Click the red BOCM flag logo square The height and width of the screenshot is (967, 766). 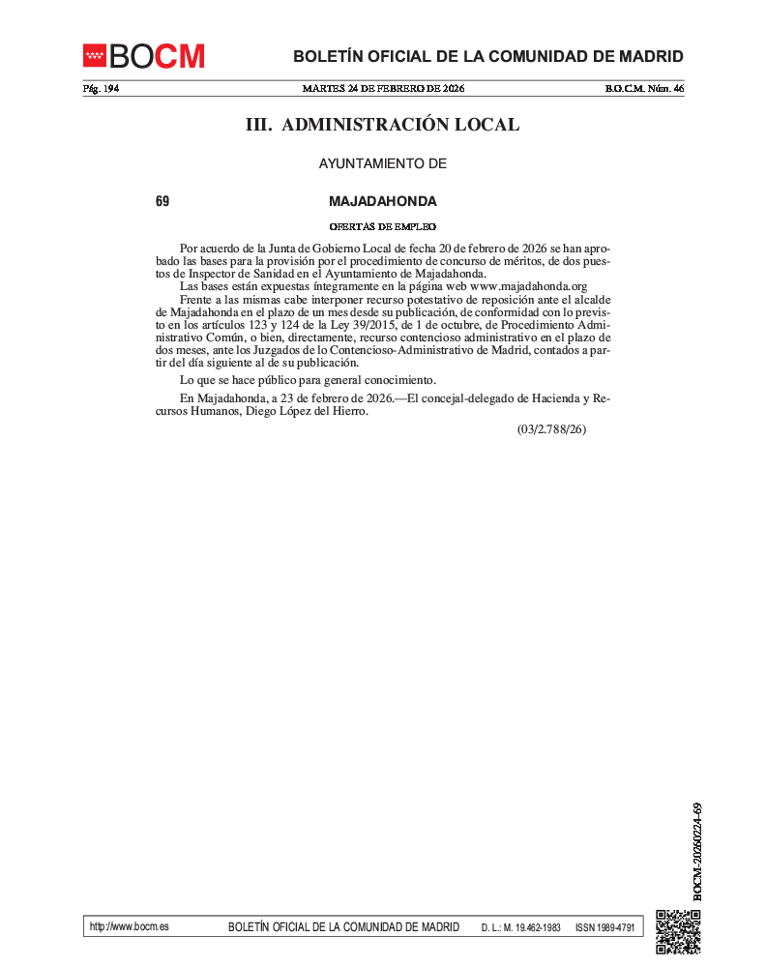click(94, 55)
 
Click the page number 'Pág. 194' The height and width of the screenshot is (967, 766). click(101, 89)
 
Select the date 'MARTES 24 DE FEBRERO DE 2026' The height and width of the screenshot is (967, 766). click(383, 89)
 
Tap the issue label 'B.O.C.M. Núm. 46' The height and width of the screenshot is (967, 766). click(644, 89)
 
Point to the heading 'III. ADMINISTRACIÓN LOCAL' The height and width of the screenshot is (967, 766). click(383, 125)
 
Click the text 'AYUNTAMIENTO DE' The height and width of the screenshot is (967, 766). click(383, 163)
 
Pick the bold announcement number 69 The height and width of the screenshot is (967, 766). click(162, 201)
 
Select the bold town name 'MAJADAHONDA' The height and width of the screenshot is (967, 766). click(383, 201)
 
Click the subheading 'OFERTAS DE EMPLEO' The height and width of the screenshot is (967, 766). click(383, 226)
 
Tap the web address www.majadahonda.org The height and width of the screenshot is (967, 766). click(529, 286)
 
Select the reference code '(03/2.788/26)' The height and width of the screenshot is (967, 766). click(551, 428)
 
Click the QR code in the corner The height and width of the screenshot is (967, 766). click(678, 931)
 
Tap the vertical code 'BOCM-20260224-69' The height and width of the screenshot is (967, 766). click(696, 851)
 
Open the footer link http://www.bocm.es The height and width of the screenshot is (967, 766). click(129, 926)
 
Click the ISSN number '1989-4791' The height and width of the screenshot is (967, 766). click(615, 927)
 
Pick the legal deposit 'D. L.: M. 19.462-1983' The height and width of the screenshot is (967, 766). click(521, 927)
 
